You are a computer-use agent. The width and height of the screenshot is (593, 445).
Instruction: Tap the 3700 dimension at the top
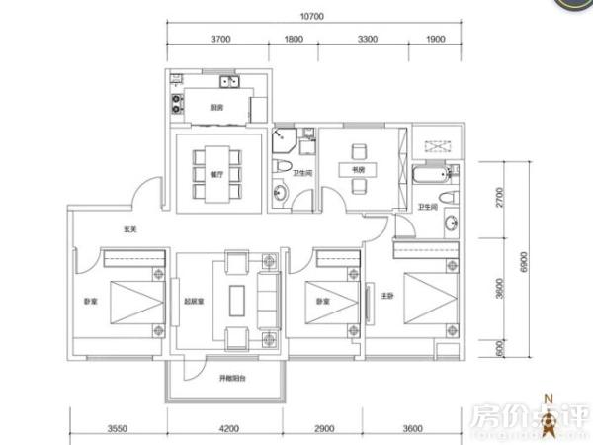pos(219,39)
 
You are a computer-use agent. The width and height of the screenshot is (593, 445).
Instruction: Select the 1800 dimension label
pos(294,39)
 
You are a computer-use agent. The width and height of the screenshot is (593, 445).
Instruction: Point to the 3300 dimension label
pos(366,39)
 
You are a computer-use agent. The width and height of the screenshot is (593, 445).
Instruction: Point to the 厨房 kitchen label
pos(215,108)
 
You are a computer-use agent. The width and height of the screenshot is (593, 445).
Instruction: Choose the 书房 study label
pos(359,168)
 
